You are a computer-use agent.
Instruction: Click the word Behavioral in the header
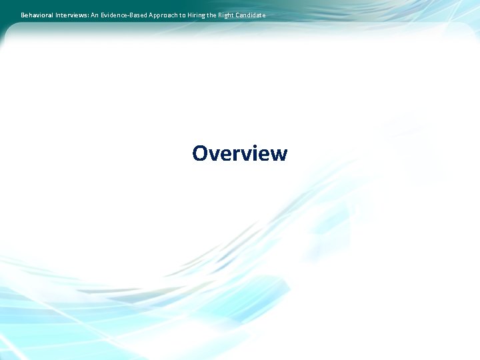tap(37, 15)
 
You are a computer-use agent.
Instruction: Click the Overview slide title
tap(239, 153)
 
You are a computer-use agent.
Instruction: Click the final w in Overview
tap(279, 155)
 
